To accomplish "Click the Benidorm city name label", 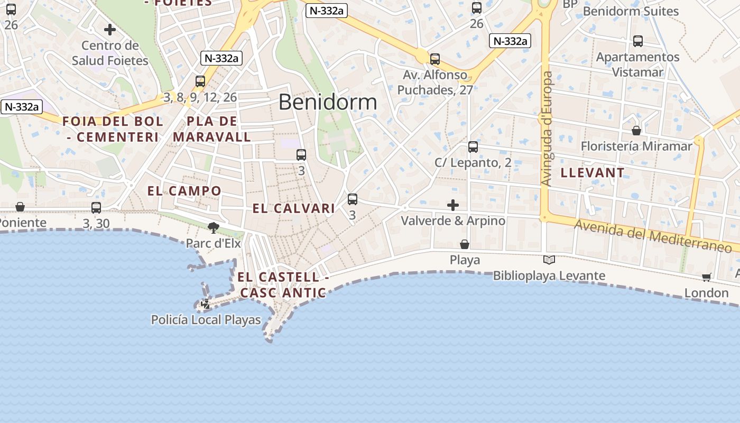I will coord(328,102).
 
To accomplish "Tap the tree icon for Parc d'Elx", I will coord(214,228).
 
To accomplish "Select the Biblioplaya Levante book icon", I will coord(549,260).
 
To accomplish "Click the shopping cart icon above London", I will coord(707,277).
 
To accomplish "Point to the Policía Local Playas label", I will coord(206,320).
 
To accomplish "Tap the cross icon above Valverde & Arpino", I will coord(453,205).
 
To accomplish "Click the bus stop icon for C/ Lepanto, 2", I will coord(473,147).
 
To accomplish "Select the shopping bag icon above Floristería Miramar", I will coord(636,130).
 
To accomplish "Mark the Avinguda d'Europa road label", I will coord(547,129).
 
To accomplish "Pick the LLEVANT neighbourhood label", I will coord(593,173).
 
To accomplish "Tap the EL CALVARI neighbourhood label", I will coord(294,208).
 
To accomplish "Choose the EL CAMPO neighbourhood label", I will coord(184,191).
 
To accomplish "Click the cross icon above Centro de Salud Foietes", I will coord(110,30).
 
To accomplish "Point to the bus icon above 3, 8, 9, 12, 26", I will coord(200,81).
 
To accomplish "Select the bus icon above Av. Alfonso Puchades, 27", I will coord(435,59).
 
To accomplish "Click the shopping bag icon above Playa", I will coord(465,244).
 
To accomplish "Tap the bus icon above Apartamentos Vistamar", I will coord(638,41).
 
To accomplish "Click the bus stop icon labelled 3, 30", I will coord(96,208).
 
